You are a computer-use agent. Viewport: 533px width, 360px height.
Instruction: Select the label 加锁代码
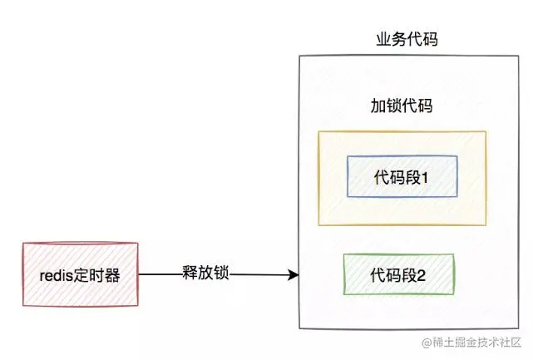click(x=401, y=106)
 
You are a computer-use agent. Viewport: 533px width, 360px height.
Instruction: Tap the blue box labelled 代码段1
click(x=402, y=175)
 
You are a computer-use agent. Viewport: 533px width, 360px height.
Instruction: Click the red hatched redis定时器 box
click(x=80, y=275)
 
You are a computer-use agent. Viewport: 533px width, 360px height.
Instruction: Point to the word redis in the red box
click(x=57, y=275)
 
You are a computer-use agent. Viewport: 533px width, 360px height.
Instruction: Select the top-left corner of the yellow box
click(x=318, y=131)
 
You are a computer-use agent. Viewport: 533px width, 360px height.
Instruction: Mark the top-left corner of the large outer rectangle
click(x=298, y=56)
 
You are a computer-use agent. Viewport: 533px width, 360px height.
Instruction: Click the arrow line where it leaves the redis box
click(x=140, y=275)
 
